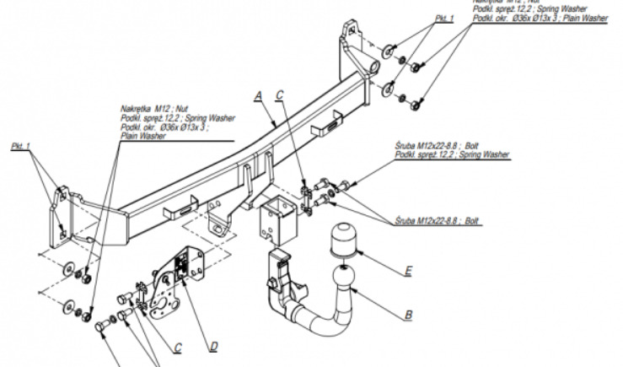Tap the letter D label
[213, 344]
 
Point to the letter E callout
[409, 273]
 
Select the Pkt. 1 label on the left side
[21, 146]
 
